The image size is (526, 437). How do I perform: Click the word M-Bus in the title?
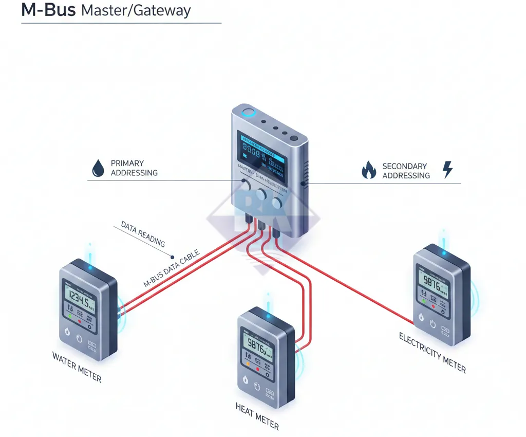[49, 10]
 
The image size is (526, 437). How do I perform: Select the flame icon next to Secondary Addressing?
[369, 170]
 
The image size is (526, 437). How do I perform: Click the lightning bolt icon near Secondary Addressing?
[447, 169]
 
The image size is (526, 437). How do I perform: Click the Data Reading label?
[143, 234]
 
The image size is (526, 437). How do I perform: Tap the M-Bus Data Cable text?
[171, 268]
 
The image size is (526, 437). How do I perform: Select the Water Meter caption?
[77, 367]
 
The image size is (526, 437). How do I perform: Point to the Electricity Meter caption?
[433, 353]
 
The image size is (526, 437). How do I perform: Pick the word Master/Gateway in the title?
[136, 10]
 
